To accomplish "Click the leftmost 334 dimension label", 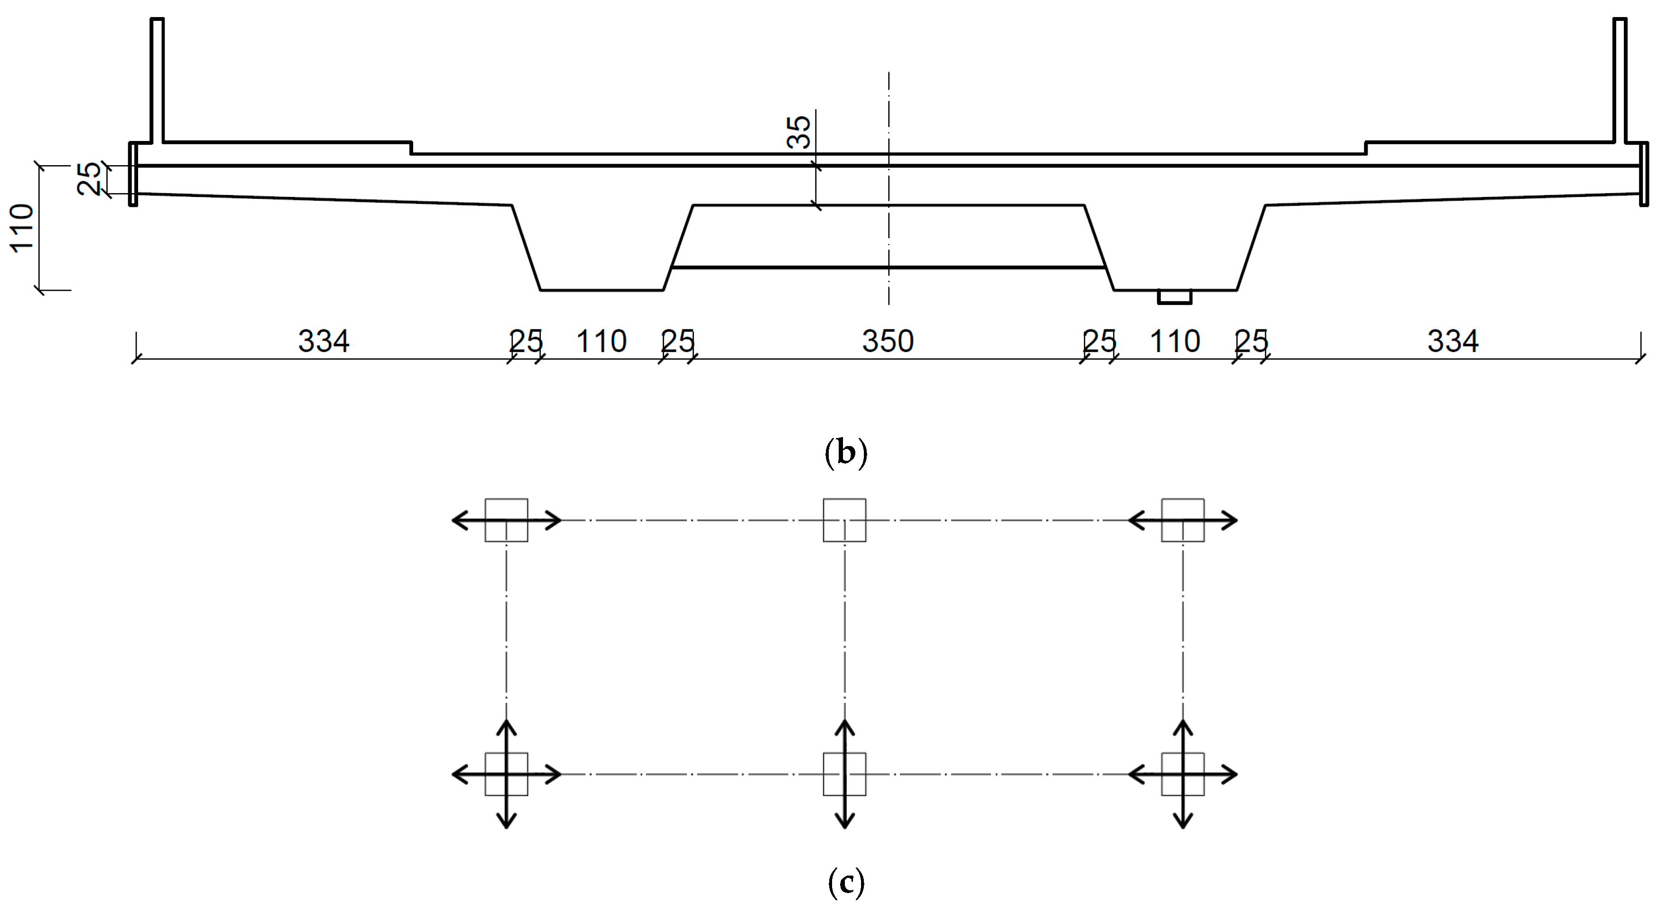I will [324, 341].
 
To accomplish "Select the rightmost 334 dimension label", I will [1453, 341].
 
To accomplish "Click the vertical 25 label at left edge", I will [89, 178].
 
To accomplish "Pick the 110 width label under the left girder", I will [601, 341].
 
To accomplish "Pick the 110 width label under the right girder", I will [1175, 341].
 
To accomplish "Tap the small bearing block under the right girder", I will [1175, 297].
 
